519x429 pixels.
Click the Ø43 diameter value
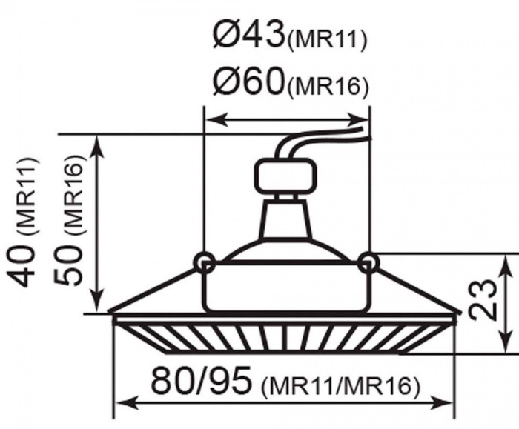pos(249,35)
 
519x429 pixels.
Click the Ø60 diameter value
pos(249,81)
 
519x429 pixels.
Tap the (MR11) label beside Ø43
pos(328,40)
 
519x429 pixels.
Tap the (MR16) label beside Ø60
pos(328,87)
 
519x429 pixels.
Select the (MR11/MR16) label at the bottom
pos(340,386)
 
